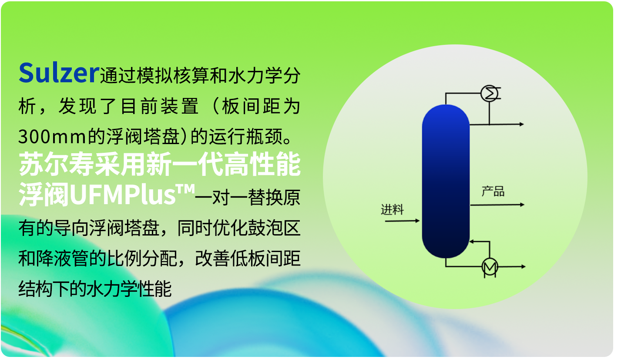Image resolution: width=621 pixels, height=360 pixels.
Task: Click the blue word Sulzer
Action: [x=59, y=73]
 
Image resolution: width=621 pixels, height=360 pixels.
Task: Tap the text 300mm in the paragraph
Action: [x=52, y=136]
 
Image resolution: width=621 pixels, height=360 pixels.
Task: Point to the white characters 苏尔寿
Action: [x=56, y=164]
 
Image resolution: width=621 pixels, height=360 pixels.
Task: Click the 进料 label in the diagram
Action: [x=392, y=209]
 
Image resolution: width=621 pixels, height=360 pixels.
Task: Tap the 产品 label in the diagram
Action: [x=493, y=192]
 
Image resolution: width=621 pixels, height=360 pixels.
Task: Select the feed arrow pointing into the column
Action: [x=402, y=221]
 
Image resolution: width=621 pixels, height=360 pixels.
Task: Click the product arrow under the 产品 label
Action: [x=497, y=205]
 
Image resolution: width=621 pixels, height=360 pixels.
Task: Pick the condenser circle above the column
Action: [x=489, y=94]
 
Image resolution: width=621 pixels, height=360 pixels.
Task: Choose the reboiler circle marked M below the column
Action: [x=490, y=267]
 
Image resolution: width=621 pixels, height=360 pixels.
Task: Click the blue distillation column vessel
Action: [x=446, y=182]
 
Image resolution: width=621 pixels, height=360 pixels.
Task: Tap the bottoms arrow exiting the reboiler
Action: [x=512, y=267]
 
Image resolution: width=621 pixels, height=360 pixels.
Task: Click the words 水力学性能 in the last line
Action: [x=129, y=289]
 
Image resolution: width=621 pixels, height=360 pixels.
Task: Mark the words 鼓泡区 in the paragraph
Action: [x=274, y=228]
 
